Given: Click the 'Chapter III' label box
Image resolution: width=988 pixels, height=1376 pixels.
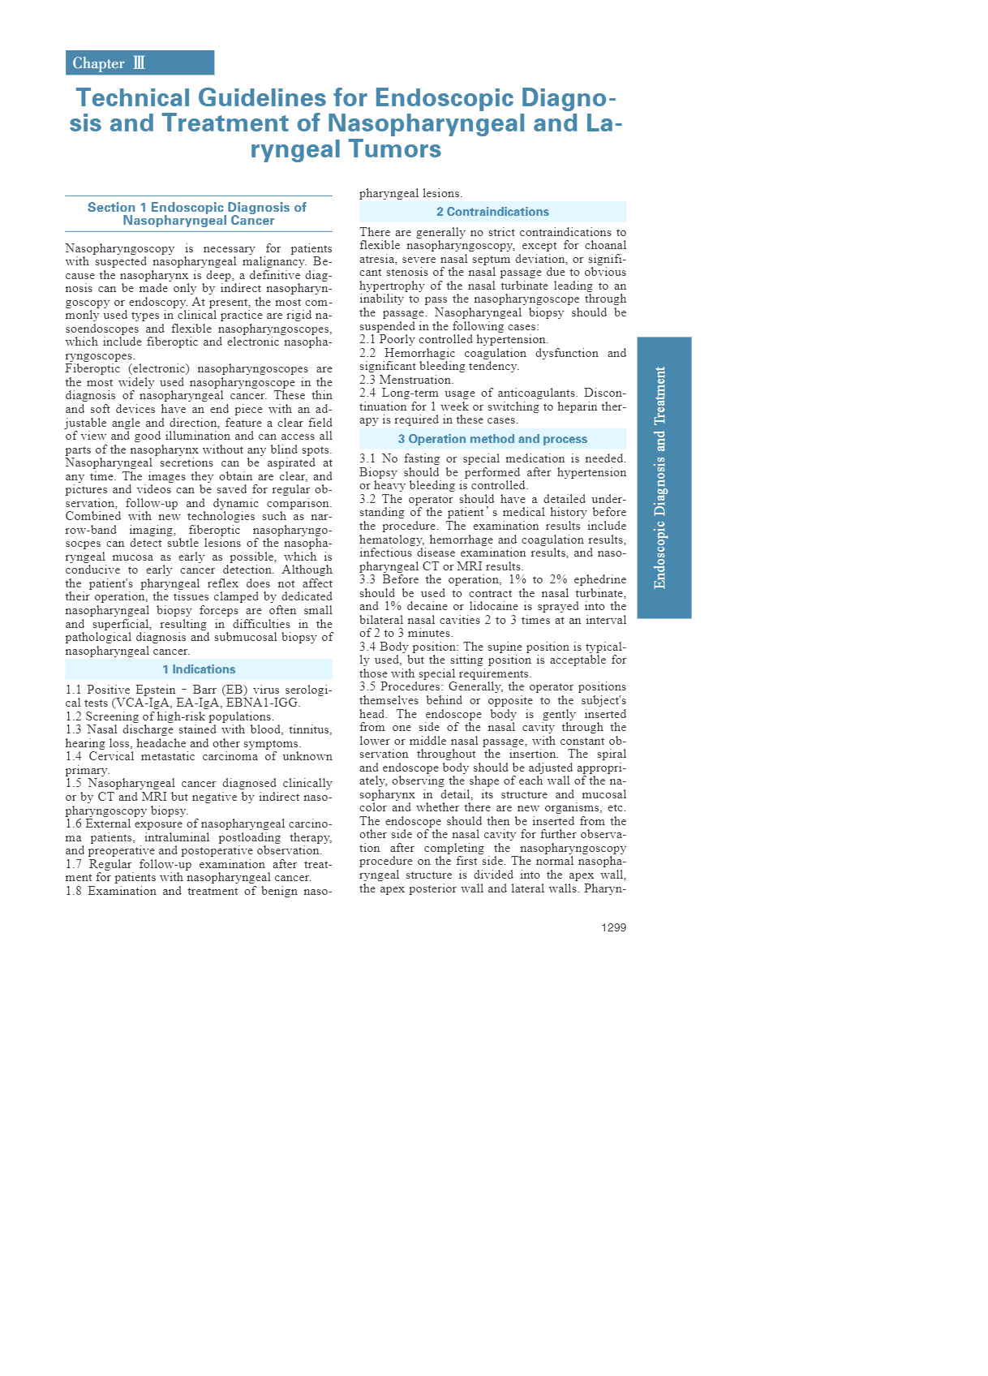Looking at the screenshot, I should tap(140, 63).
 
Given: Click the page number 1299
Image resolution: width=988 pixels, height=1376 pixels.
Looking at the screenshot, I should tap(613, 927).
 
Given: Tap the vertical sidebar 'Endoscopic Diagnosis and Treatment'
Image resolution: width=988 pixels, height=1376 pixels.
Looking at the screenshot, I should tap(664, 477).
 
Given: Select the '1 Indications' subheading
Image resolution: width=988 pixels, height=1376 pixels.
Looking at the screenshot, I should tap(199, 669).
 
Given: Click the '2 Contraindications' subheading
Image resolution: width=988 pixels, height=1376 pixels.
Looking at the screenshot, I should tap(492, 212).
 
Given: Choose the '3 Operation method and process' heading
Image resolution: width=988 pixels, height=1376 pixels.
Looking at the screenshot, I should tap(492, 439).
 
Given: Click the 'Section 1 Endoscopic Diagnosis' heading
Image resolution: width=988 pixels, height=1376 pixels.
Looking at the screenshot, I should tap(198, 213).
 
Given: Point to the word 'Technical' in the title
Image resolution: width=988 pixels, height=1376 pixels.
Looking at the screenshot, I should tap(133, 98).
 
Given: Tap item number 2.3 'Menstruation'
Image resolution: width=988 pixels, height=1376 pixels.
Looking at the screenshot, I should tap(406, 380).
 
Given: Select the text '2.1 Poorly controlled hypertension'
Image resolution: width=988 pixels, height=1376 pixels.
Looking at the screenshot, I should tap(453, 339).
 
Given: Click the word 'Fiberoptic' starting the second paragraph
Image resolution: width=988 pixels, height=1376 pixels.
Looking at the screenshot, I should tap(92, 368).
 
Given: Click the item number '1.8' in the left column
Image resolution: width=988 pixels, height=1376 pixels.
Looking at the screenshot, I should tap(74, 891).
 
